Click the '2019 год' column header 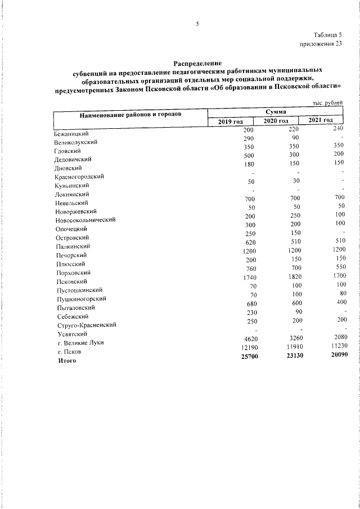(229, 121)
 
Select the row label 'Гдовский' (68, 150)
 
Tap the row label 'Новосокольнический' (85, 220)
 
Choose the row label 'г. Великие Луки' (81, 343)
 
